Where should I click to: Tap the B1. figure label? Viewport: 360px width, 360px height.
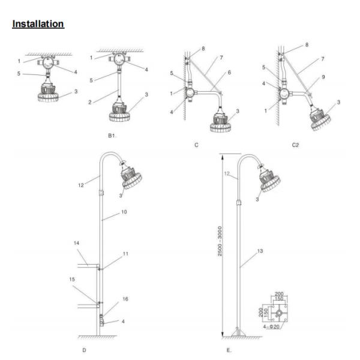coord(112,137)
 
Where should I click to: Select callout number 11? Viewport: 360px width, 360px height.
coord(125,254)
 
